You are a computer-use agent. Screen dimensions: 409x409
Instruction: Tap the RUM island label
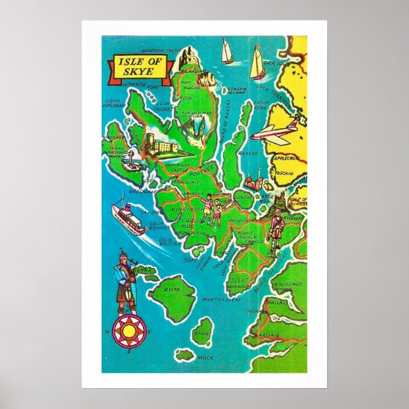tap(169, 289)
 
